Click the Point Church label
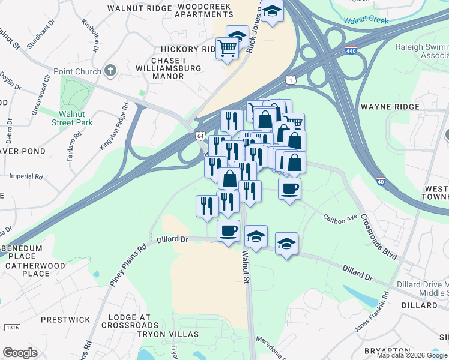pos(77,72)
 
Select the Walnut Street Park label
pos(76,118)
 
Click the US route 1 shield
pos(291,80)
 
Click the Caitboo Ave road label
pos(340,217)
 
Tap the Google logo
pos(20,353)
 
